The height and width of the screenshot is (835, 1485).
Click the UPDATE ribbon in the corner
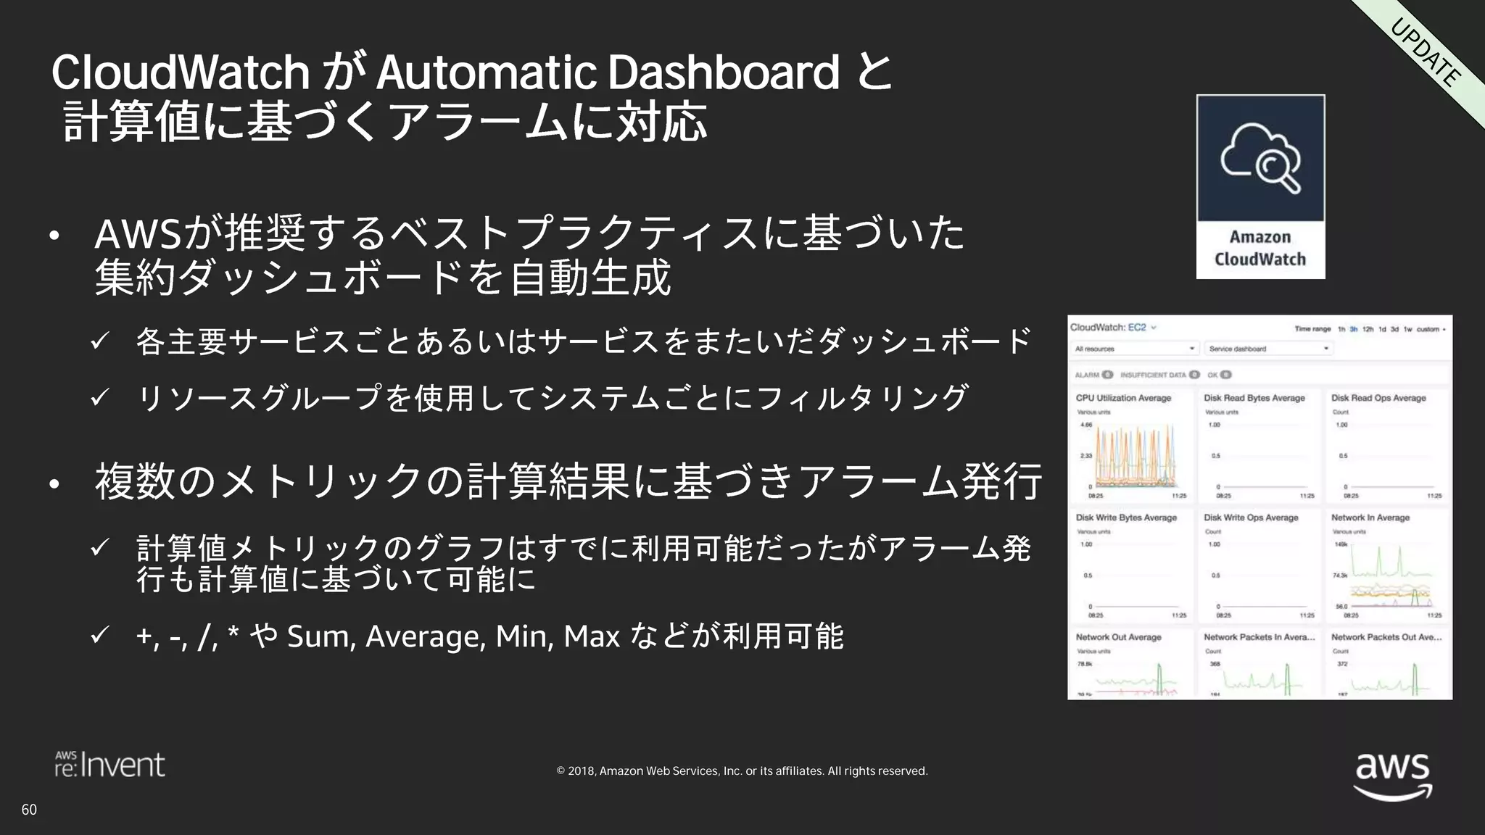1426,53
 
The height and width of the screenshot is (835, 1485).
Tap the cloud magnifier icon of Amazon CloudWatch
1260,159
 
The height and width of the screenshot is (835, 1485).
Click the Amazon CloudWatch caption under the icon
1260,248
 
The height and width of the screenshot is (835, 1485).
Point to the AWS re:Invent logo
110,765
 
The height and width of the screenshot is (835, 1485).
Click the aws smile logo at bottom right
1393,775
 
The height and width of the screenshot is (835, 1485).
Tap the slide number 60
29,810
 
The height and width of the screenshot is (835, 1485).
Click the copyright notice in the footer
742,771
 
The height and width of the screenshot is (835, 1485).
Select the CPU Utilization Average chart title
1123,398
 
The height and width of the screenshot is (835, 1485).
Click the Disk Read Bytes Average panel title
1254,398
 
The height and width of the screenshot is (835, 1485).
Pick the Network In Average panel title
1370,518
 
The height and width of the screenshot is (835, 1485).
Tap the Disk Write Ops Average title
1251,518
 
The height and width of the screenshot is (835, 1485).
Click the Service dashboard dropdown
1268,349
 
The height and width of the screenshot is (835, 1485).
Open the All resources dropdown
1135,349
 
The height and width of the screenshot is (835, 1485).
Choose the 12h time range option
1368,329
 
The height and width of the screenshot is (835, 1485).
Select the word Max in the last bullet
592,636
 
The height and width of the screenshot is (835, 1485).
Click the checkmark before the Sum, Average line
99,635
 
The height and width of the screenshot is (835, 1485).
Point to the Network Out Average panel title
1118,637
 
